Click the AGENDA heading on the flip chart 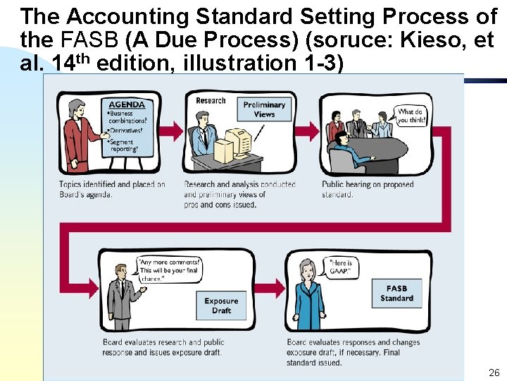coord(127,104)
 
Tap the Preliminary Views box coord(264,109)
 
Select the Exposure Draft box coord(221,306)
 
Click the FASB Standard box coord(396,294)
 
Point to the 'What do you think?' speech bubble coord(410,116)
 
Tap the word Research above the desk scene coord(211,101)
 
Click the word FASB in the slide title coord(85,41)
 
